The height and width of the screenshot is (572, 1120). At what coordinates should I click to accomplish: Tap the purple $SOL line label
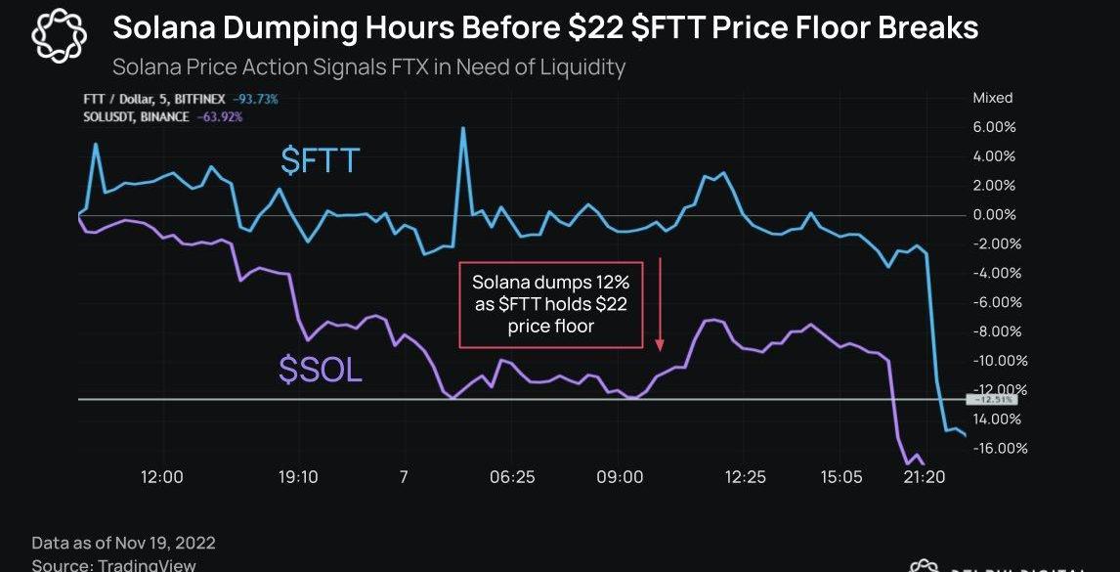tap(321, 371)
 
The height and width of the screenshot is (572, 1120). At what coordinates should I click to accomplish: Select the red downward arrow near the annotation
tap(660, 304)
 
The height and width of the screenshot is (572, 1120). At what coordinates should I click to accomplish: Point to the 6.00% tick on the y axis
tap(994, 127)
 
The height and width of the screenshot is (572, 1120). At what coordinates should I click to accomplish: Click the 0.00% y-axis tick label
tap(994, 215)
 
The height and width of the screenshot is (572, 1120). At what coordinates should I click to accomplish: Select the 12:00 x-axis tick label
tap(162, 477)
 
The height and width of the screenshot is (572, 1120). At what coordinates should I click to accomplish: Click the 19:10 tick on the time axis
tap(297, 477)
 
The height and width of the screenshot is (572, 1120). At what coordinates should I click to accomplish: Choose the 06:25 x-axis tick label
tap(512, 477)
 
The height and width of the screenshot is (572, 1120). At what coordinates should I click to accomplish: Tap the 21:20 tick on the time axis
tap(925, 477)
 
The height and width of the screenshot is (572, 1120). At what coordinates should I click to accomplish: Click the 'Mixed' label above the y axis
tap(992, 98)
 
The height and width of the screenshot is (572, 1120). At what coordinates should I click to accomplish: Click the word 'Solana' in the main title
tap(161, 27)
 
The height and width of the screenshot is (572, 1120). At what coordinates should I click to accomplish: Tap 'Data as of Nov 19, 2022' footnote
tap(124, 543)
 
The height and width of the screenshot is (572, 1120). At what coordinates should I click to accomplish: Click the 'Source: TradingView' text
tap(114, 565)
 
